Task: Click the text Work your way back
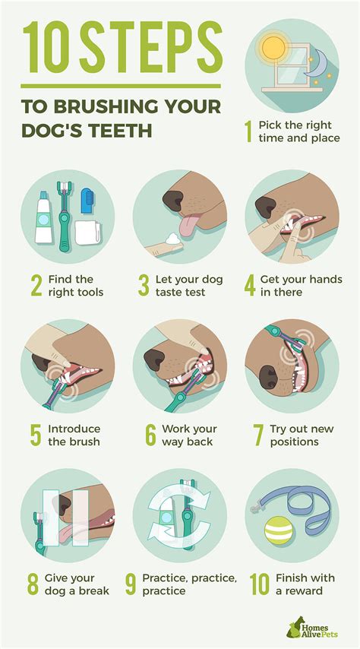(189, 435)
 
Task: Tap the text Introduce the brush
(74, 435)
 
